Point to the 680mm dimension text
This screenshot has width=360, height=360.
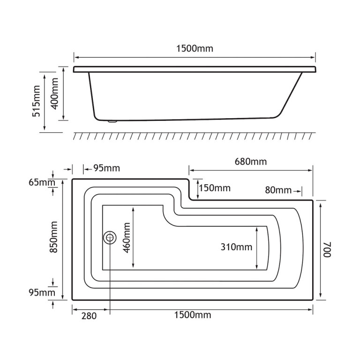tap(250, 162)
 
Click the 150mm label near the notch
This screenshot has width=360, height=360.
tap(215, 188)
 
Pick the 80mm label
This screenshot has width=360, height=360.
tap(277, 190)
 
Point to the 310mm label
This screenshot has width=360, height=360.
tap(236, 247)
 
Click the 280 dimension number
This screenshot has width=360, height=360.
tap(89, 316)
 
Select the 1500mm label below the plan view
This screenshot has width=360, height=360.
tap(192, 315)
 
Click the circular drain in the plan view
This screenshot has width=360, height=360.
tap(110, 237)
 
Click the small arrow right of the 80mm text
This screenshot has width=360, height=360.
tap(297, 190)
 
